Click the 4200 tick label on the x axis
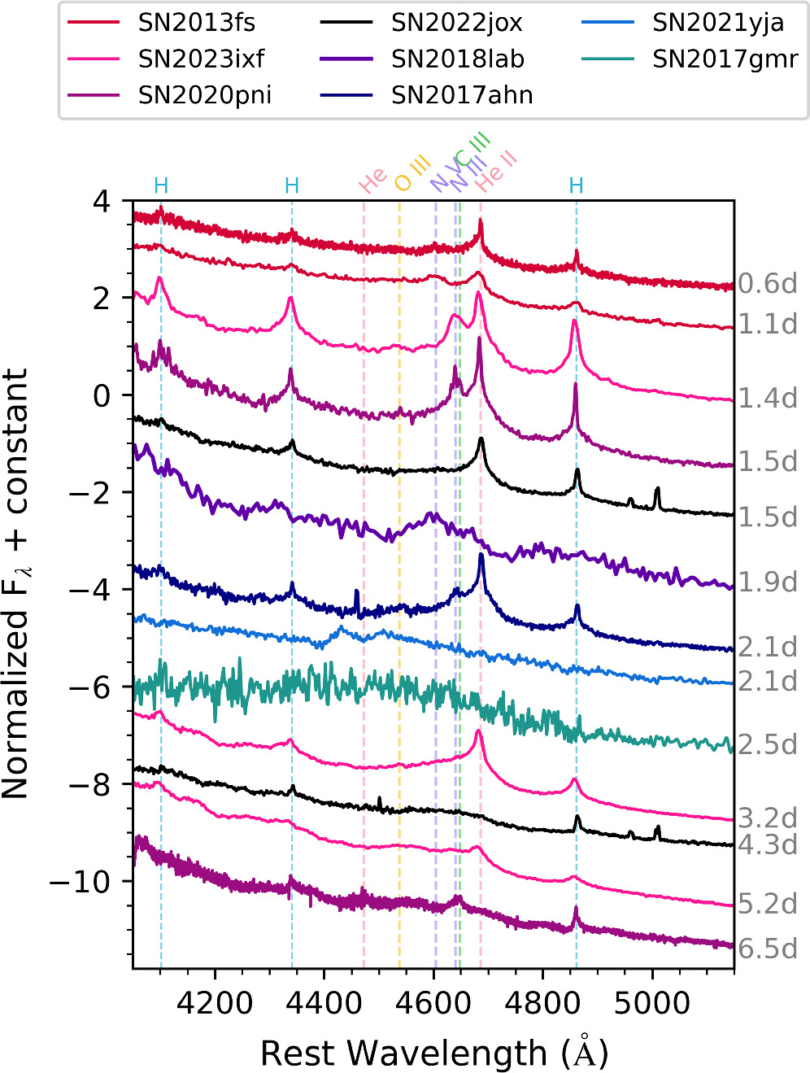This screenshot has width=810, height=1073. pos(215,1002)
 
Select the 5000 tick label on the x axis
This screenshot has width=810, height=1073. pos(652,1002)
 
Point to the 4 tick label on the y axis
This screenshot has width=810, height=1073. pos(101,201)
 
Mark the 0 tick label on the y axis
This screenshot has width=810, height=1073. pos(101,395)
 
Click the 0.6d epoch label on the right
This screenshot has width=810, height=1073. pos(767,284)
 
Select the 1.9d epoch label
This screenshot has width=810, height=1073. pos(767,582)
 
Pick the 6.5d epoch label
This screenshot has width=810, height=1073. pos(767,949)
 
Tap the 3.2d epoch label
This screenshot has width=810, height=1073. pos(767,818)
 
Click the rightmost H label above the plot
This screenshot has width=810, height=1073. pos(576,186)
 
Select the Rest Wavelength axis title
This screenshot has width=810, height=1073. pos(434,1053)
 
